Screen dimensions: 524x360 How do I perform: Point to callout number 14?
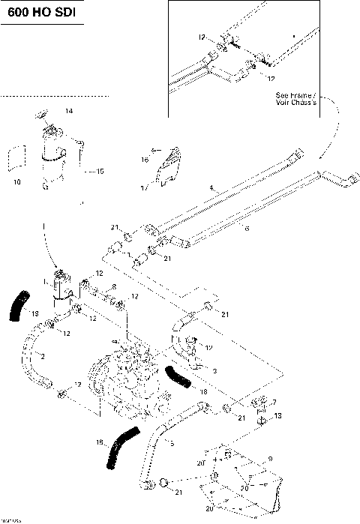click(x=69, y=111)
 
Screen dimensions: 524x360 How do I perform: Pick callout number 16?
click(x=144, y=160)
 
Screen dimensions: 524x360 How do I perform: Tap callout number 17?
click(x=143, y=189)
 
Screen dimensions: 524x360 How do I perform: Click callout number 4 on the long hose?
click(x=212, y=187)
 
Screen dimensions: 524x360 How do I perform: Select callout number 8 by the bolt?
click(x=113, y=287)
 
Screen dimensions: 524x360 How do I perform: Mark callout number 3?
click(x=214, y=371)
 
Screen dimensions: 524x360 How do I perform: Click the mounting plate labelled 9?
click(x=240, y=480)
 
